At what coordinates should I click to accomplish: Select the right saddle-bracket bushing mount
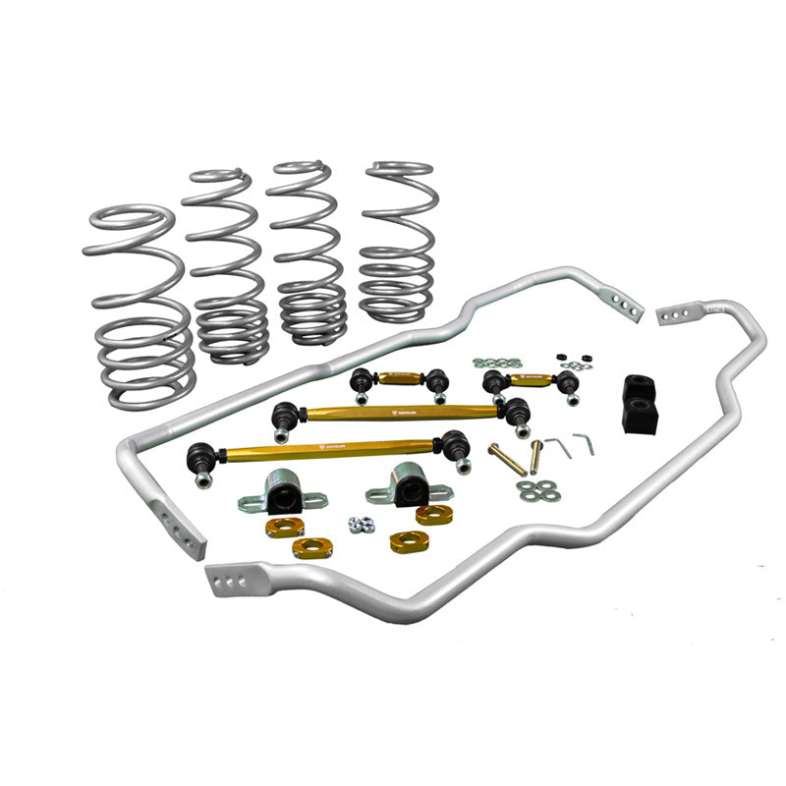(403, 484)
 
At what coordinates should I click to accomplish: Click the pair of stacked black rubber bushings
(646, 404)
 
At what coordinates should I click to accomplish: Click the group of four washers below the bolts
(535, 489)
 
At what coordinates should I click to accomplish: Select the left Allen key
(557, 447)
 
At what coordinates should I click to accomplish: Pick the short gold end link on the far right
(531, 377)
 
